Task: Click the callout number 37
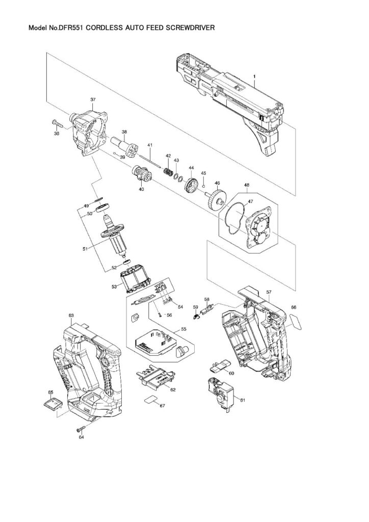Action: click(x=93, y=99)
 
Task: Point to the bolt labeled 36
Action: click(x=57, y=123)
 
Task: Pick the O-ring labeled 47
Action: click(x=231, y=220)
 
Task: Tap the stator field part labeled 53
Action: click(x=136, y=279)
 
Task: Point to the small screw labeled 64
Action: click(x=81, y=427)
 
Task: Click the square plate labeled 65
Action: click(x=53, y=404)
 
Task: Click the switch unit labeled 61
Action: click(x=219, y=391)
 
